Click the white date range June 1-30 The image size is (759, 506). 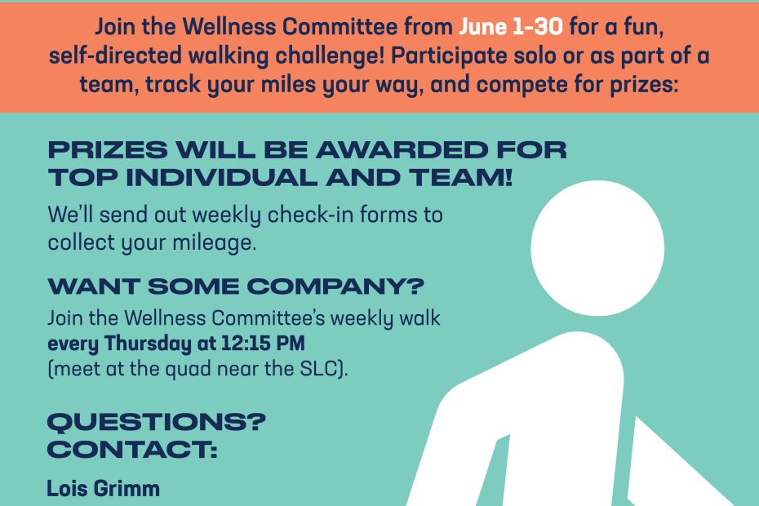(511, 26)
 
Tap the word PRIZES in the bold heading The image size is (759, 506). (108, 150)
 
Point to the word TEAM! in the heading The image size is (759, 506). (461, 178)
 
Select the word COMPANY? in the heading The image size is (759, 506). (335, 286)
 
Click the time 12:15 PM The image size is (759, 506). (264, 344)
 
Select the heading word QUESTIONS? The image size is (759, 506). (157, 422)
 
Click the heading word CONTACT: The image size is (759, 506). (132, 450)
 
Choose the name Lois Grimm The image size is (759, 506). (103, 488)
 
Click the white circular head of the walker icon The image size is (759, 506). (597, 248)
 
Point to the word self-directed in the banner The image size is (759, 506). (116, 55)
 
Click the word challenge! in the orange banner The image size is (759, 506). (331, 56)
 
